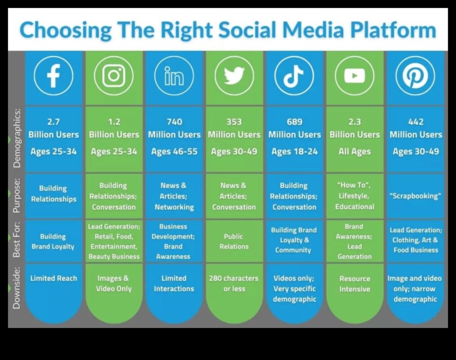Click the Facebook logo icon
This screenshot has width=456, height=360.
[x=54, y=76]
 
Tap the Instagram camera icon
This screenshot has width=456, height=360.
[x=113, y=76]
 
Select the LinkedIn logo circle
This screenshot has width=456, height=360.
[x=174, y=76]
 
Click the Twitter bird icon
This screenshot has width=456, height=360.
[x=234, y=76]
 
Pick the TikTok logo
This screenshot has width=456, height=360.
[x=294, y=76]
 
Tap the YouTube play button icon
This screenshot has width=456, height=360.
[x=355, y=76]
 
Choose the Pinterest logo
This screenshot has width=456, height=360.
[x=415, y=76]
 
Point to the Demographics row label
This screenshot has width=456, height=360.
[x=17, y=138]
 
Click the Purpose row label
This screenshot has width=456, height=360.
[x=17, y=196]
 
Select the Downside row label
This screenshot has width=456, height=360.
[x=17, y=288]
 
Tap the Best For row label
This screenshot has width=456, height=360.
[x=17, y=242]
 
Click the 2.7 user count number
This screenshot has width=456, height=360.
[x=54, y=121]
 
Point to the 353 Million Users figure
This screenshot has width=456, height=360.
[x=234, y=128]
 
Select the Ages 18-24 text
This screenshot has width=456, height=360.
[x=294, y=152]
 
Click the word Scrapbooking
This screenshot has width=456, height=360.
[x=415, y=196]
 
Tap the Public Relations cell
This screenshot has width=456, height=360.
[x=234, y=242]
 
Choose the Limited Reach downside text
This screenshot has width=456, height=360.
[x=54, y=278]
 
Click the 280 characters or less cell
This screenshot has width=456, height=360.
[x=234, y=283]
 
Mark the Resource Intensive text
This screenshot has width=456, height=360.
[x=355, y=284]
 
